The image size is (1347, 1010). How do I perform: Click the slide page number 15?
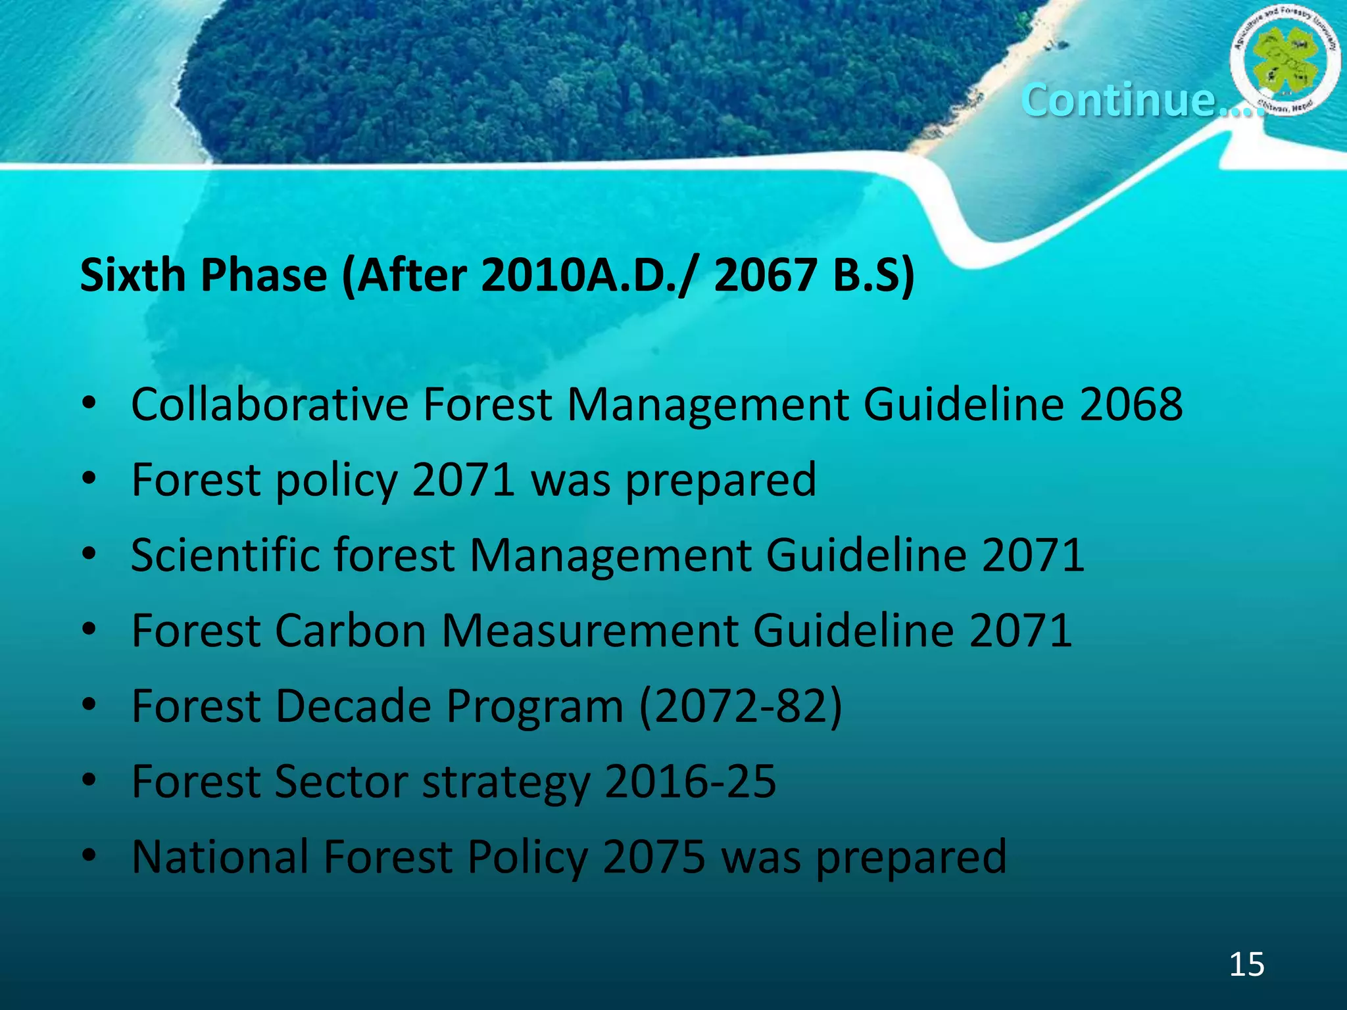click(x=1246, y=964)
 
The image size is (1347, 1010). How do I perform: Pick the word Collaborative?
click(x=270, y=404)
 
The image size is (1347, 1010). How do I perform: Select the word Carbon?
click(x=351, y=631)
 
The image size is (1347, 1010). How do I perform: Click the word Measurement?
click(x=589, y=631)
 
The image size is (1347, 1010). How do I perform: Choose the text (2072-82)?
click(x=741, y=706)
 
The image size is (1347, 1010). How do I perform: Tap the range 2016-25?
click(x=690, y=782)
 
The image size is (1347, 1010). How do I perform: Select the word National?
click(x=220, y=857)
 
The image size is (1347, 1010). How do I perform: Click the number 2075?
click(x=654, y=857)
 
